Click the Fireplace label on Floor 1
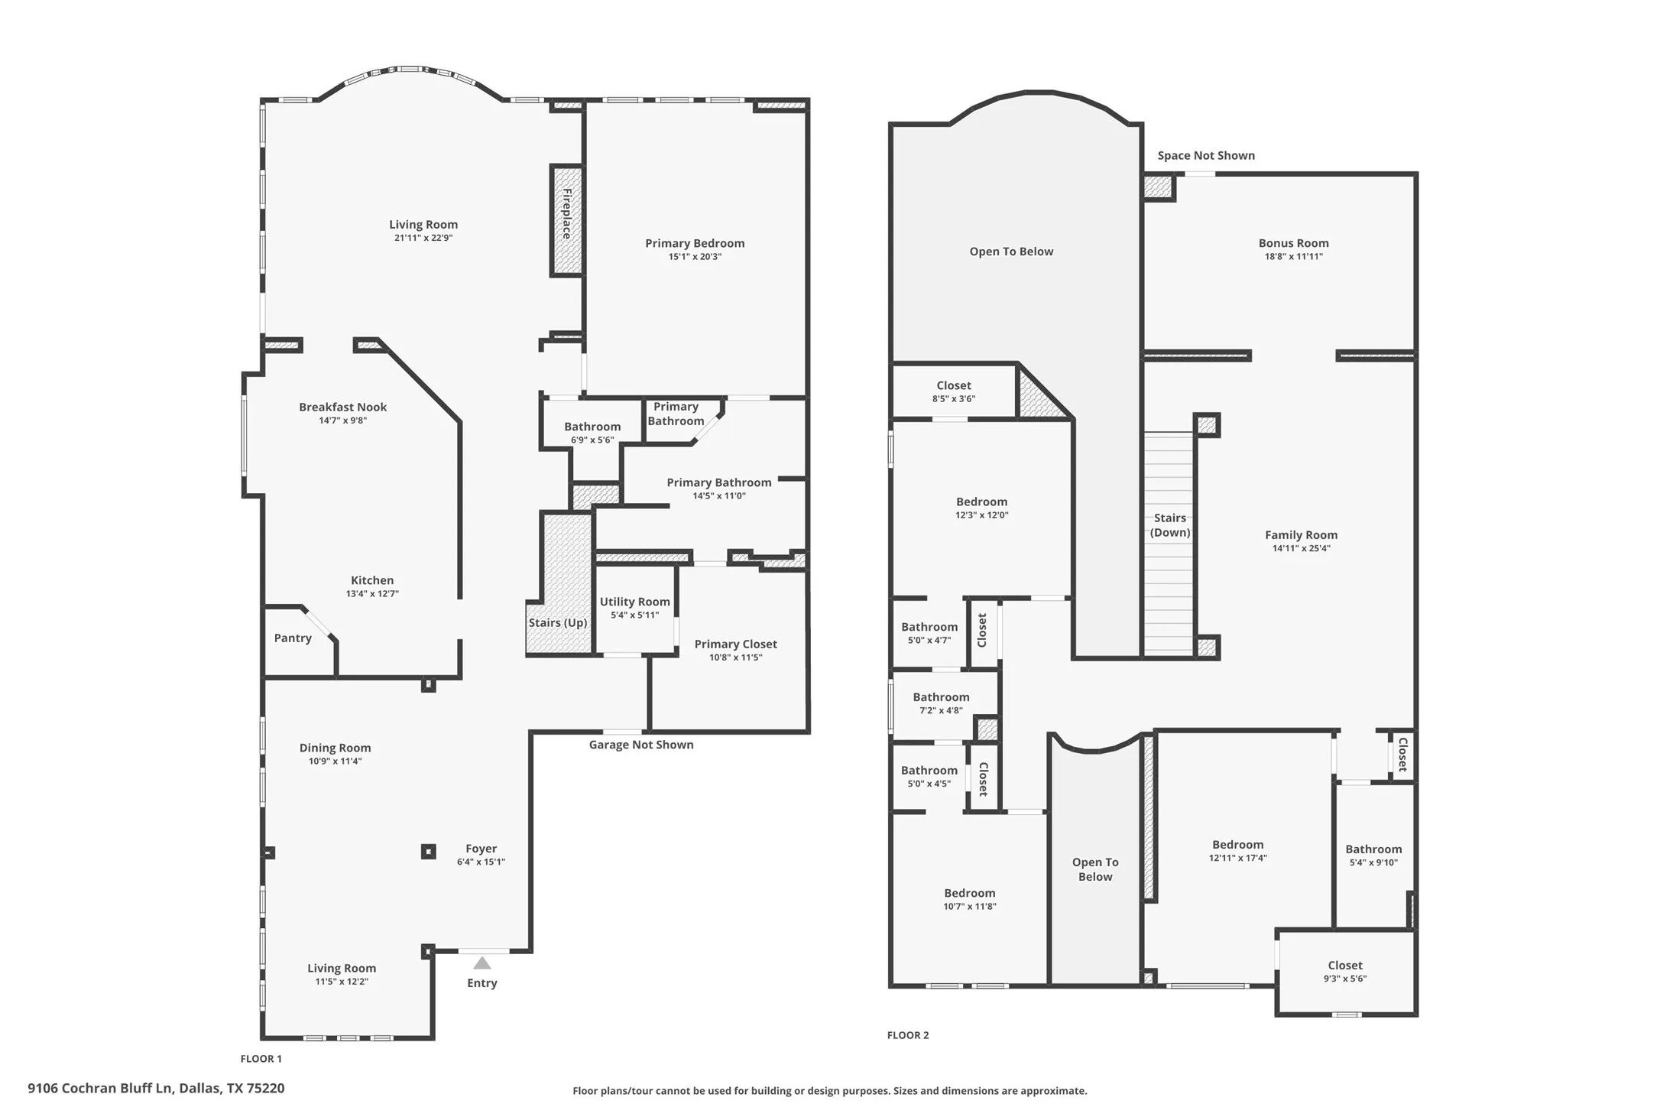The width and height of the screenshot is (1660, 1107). click(x=567, y=214)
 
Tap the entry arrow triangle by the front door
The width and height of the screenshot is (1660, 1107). click(x=481, y=963)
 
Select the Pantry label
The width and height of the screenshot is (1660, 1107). click(x=293, y=638)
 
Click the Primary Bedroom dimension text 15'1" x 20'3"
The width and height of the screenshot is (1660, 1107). click(x=695, y=257)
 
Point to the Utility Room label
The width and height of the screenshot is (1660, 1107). click(x=634, y=602)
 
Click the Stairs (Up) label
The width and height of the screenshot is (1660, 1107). click(x=558, y=623)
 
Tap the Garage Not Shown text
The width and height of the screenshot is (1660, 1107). click(x=641, y=745)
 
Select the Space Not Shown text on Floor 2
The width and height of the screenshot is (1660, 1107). click(x=1206, y=156)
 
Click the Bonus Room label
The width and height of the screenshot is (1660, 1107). click(x=1293, y=243)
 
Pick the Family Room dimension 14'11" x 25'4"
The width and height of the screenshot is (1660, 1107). click(x=1301, y=548)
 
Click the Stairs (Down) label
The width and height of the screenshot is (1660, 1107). click(x=1170, y=525)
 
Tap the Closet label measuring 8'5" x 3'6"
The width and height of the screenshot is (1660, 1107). click(x=954, y=386)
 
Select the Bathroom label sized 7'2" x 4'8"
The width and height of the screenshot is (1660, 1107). click(x=941, y=697)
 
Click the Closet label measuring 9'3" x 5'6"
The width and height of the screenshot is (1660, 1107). click(x=1344, y=966)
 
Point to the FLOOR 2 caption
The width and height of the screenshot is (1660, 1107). click(x=908, y=1035)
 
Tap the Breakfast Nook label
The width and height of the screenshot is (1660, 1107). click(x=342, y=407)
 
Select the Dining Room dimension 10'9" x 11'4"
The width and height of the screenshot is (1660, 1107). click(x=335, y=761)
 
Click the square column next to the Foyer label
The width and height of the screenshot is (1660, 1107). click(x=429, y=851)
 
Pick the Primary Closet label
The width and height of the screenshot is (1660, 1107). click(x=735, y=644)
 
